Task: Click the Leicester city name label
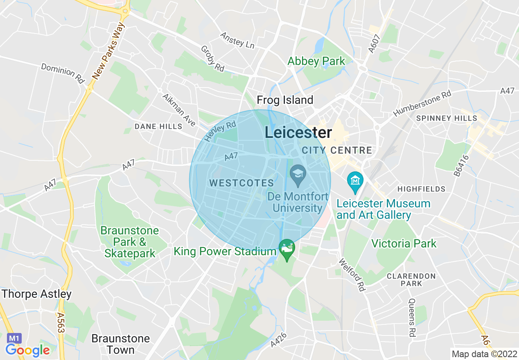click(298, 133)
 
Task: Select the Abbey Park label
click(316, 61)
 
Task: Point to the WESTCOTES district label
click(241, 183)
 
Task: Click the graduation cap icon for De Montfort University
click(298, 172)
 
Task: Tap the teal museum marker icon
click(355, 180)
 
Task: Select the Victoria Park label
click(404, 243)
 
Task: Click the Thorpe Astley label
click(36, 294)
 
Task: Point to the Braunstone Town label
click(120, 344)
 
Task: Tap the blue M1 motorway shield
click(14, 338)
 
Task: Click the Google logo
click(27, 350)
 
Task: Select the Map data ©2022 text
click(484, 353)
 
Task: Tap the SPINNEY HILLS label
click(446, 118)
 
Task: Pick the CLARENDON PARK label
click(411, 279)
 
